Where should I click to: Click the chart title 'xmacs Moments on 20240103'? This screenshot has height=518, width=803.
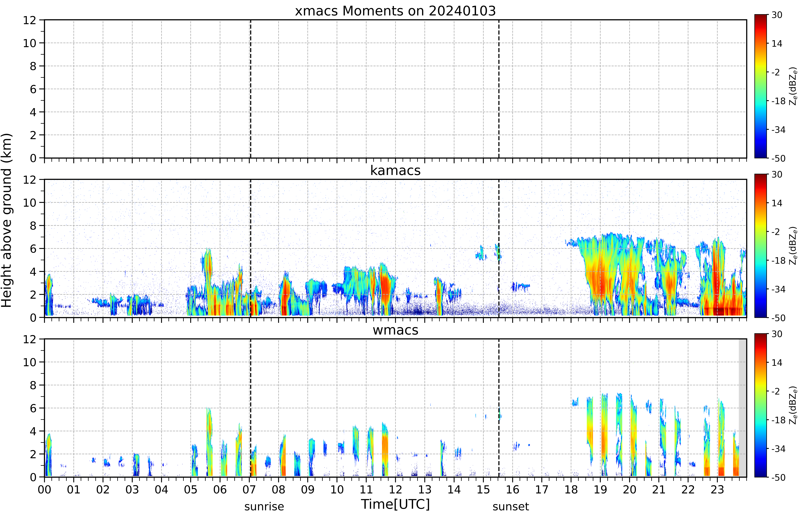pyautogui.click(x=395, y=11)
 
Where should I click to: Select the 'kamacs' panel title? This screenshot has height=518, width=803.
pyautogui.click(x=395, y=171)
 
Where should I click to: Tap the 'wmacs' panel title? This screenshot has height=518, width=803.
pyautogui.click(x=395, y=330)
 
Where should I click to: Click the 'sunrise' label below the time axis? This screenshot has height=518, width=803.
pyautogui.click(x=264, y=506)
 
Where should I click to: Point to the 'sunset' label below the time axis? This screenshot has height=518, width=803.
pyautogui.click(x=511, y=506)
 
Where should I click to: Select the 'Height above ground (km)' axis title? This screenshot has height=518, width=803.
pyautogui.click(x=7, y=220)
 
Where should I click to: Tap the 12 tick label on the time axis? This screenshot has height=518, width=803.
pyautogui.click(x=395, y=489)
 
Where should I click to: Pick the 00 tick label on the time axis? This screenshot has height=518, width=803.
pyautogui.click(x=44, y=489)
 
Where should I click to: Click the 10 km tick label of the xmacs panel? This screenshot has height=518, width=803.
pyautogui.click(x=30, y=43)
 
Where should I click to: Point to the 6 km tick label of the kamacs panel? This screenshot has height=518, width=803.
pyautogui.click(x=33, y=249)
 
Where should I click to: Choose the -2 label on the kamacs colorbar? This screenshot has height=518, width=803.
pyautogui.click(x=775, y=232)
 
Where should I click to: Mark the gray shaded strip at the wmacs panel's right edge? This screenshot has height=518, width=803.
pyautogui.click(x=742, y=408)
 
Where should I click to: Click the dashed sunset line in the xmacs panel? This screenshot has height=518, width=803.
pyautogui.click(x=499, y=89)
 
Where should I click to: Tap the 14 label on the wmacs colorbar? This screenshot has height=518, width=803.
pyautogui.click(x=777, y=363)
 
